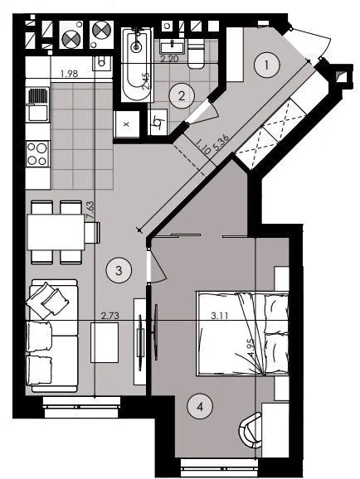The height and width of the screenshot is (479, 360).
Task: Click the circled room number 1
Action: [267, 65]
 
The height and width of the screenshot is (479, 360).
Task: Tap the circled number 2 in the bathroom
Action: [182, 96]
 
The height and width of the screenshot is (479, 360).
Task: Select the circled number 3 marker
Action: [119, 270]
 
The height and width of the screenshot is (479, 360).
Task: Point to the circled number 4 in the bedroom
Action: [200, 407]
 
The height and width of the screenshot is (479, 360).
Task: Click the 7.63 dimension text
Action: [90, 210]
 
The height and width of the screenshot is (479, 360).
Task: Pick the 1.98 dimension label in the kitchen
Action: [70, 74]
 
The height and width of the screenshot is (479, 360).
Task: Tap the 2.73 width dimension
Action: [109, 315]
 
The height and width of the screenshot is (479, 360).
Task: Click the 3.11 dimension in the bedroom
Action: [220, 315]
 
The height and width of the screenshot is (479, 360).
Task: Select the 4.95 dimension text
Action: [251, 347]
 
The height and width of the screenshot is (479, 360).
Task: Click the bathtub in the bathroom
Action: [137, 65]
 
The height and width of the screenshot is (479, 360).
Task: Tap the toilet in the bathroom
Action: [195, 56]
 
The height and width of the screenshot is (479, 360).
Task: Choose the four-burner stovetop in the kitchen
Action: [37, 153]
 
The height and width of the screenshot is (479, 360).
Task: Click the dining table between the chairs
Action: [56, 232]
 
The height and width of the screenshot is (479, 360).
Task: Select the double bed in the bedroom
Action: [242, 333]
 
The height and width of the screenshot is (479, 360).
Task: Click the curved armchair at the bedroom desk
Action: [250, 430]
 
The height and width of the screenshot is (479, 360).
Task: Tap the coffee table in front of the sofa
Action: [105, 342]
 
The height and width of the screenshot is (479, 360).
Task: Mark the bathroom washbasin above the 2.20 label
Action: [172, 48]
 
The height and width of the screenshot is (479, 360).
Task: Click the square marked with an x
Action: [127, 124]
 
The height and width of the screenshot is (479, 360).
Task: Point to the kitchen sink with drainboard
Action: [37, 104]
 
